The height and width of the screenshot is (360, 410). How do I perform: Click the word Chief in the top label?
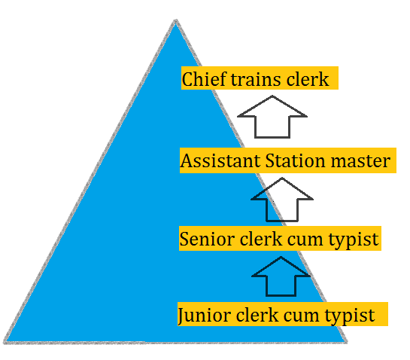pyautogui.click(x=204, y=79)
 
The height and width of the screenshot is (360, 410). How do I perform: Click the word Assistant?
pyautogui.click(x=220, y=160)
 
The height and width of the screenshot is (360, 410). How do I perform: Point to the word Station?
pyautogui.click(x=296, y=160)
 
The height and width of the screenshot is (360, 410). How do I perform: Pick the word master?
pyautogui.click(x=360, y=161)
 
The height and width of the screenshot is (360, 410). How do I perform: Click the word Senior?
pyautogui.click(x=207, y=239)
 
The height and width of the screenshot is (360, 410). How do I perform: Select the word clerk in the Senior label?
pyautogui.click(x=261, y=238)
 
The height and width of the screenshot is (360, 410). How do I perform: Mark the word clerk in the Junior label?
pyautogui.click(x=257, y=314)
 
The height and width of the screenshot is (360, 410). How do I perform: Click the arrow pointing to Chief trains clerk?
pyautogui.click(x=272, y=116)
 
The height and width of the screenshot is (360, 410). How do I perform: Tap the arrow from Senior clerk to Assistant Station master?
pyautogui.click(x=282, y=199)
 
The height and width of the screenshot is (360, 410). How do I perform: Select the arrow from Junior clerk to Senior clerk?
pyautogui.click(x=281, y=276)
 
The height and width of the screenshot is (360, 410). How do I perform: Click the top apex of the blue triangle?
pyautogui.click(x=176, y=20)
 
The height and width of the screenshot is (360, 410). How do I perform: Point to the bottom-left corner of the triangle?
pyautogui.click(x=5, y=343)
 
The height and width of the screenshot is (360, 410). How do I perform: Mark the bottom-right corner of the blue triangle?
pyautogui.click(x=347, y=342)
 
